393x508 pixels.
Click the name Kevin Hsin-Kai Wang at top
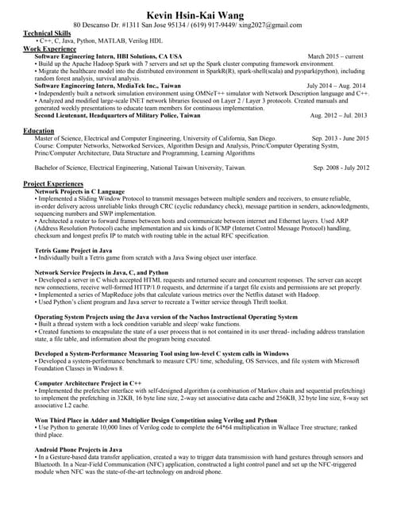(196, 14)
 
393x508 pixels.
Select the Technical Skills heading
(47, 33)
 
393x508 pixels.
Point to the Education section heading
(39, 130)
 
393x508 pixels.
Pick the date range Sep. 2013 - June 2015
(340, 138)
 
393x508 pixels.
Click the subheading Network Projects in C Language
(80, 191)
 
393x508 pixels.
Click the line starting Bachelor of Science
(141, 168)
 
